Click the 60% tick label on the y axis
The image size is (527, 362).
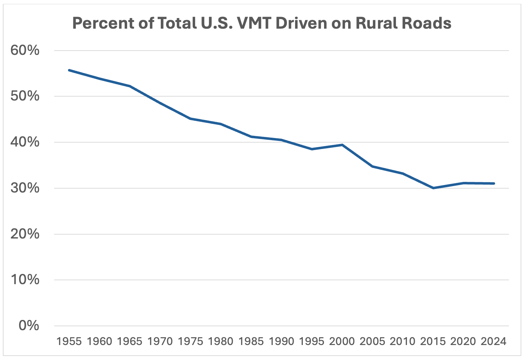click(x=25, y=51)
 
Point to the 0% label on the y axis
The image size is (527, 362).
click(x=29, y=326)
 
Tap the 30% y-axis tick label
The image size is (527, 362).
click(x=25, y=188)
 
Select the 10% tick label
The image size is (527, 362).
click(x=25, y=280)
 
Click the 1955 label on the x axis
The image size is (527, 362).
click(x=69, y=341)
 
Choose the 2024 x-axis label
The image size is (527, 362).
click(x=494, y=341)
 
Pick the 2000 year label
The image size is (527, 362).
click(x=342, y=341)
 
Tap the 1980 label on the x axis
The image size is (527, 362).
click(x=221, y=341)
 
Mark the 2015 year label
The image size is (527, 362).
click(x=433, y=341)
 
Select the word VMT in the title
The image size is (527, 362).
click(x=254, y=23)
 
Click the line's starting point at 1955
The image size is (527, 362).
click(x=69, y=70)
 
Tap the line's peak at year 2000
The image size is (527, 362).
click(x=342, y=145)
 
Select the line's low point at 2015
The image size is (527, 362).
click(x=433, y=188)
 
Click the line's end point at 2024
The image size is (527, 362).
click(x=494, y=183)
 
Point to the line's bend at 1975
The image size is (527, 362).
click(x=190, y=119)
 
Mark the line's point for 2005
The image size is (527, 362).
click(x=373, y=166)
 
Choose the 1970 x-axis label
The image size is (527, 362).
click(x=160, y=341)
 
